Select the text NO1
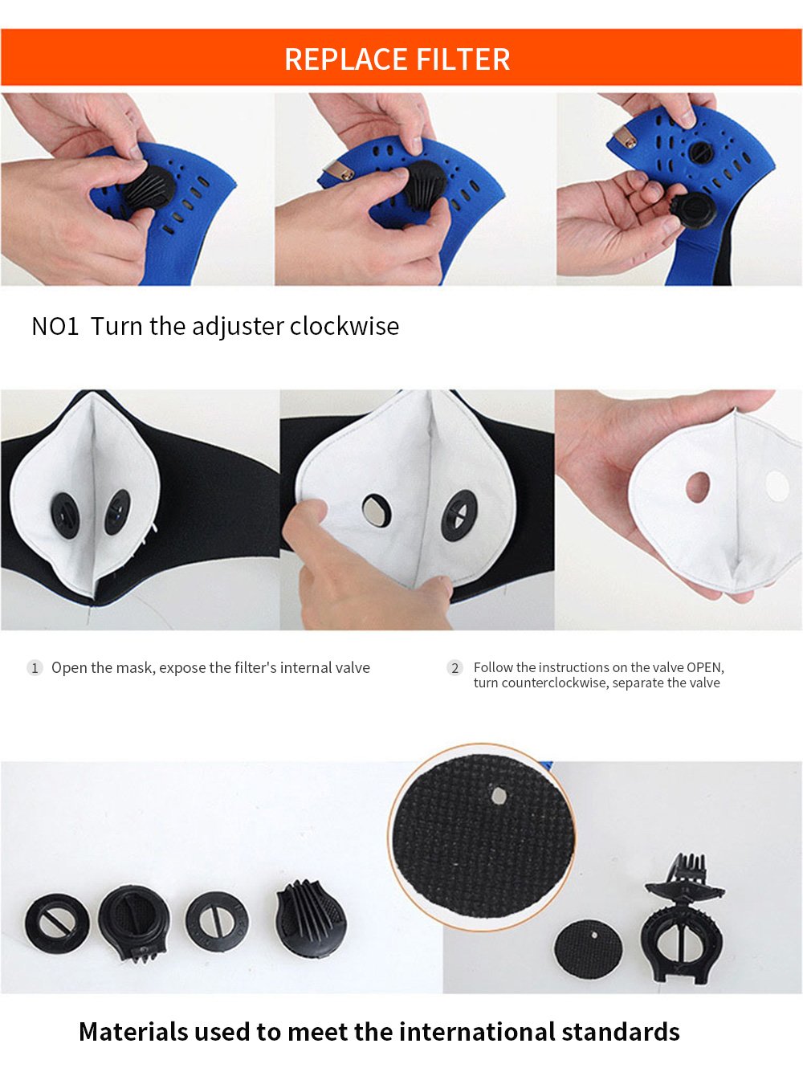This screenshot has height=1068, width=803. [x=55, y=326]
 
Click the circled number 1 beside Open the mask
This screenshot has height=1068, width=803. [x=35, y=668]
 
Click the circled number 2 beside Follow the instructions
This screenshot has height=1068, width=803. [x=455, y=668]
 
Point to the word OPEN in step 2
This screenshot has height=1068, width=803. [x=704, y=667]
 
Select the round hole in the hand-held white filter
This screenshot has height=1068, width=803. [x=698, y=487]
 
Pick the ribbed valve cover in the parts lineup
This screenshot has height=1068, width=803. [x=310, y=920]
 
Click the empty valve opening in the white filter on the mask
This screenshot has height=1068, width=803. [x=376, y=511]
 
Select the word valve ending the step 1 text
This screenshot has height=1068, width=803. [x=353, y=668]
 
